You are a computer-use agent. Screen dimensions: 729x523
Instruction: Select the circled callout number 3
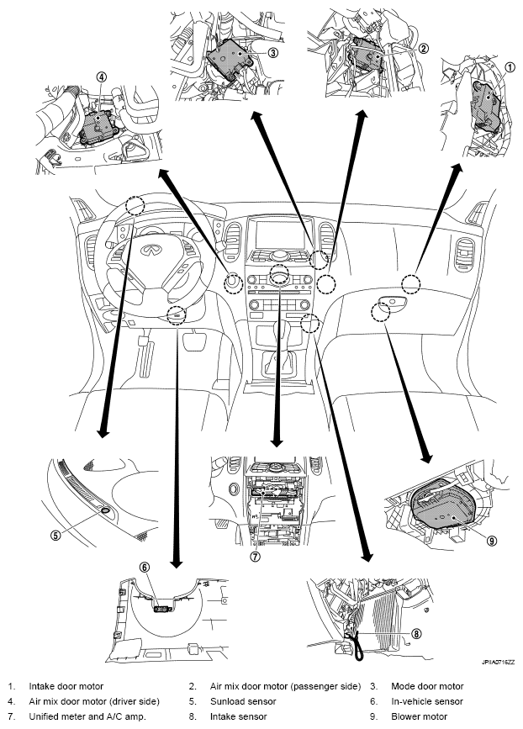(273, 52)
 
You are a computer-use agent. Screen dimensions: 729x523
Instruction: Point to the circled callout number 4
(102, 77)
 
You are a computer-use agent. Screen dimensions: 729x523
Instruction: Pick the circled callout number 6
(145, 568)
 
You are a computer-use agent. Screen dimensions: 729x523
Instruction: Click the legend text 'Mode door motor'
(427, 686)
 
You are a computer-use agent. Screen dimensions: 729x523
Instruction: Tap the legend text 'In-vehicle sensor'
(427, 701)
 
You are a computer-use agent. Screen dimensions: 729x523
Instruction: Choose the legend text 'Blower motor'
(420, 716)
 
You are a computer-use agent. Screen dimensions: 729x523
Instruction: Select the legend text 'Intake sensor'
(239, 716)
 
